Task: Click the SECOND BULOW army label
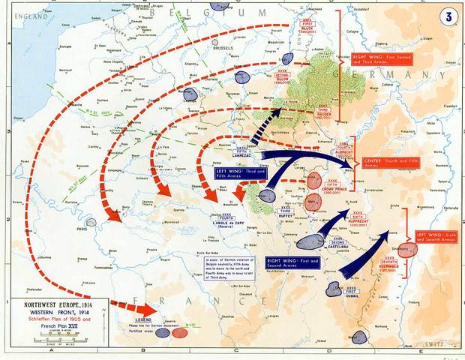point(283,77)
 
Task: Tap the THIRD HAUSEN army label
point(325,112)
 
